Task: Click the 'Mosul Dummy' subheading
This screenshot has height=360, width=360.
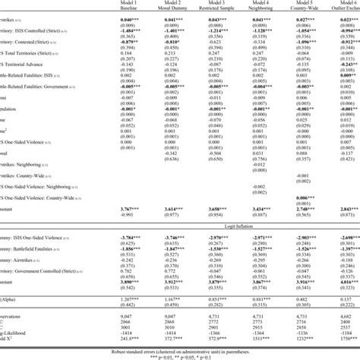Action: click(x=193, y=9)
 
